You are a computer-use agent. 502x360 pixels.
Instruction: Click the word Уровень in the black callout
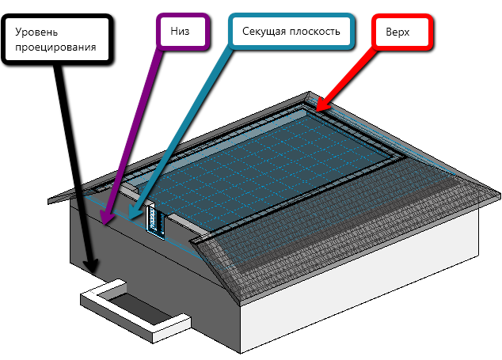(x=36, y=32)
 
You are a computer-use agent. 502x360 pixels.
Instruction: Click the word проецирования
(x=55, y=47)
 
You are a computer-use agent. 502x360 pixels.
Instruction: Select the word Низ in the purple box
(x=180, y=31)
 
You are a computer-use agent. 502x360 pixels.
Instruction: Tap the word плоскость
(x=314, y=32)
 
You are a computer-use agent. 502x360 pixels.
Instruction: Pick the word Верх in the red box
(x=397, y=32)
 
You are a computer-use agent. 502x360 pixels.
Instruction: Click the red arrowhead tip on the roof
(x=316, y=111)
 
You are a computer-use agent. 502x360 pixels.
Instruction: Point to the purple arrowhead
(x=106, y=216)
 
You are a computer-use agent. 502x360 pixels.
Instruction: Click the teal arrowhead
(x=134, y=213)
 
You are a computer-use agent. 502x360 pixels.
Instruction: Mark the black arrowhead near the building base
(x=91, y=266)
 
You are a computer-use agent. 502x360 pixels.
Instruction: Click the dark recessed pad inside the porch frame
(x=139, y=308)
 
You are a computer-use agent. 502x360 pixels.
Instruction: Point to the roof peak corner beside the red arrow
(x=309, y=93)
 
